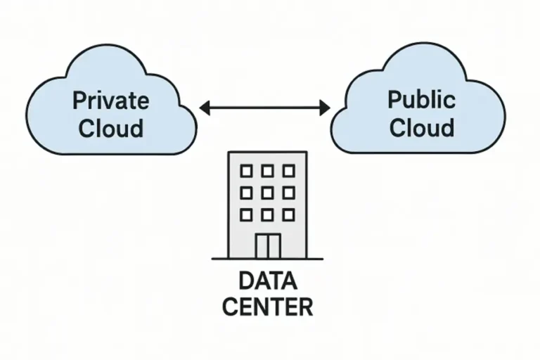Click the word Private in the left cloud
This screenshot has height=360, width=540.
tap(111, 101)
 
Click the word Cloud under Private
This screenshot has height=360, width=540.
tap(111, 128)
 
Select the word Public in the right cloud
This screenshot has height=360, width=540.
tap(421, 99)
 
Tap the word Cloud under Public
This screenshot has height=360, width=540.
tap(422, 127)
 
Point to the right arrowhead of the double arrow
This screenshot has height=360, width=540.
tap(324, 108)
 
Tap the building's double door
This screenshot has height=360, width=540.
tap(267, 245)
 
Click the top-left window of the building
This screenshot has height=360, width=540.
tap(246, 171)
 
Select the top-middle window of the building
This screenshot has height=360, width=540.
tap(267, 171)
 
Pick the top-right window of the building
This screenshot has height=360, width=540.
tap(288, 171)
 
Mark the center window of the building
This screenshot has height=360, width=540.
tap(267, 192)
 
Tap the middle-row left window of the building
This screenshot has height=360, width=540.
tap(246, 192)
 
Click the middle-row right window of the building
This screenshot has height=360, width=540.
tap(288, 192)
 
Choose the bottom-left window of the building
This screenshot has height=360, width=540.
tap(246, 213)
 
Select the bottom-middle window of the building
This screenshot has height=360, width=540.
tap(267, 213)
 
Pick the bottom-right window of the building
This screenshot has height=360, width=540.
tap(288, 213)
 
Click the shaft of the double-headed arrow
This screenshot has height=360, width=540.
tap(265, 108)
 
